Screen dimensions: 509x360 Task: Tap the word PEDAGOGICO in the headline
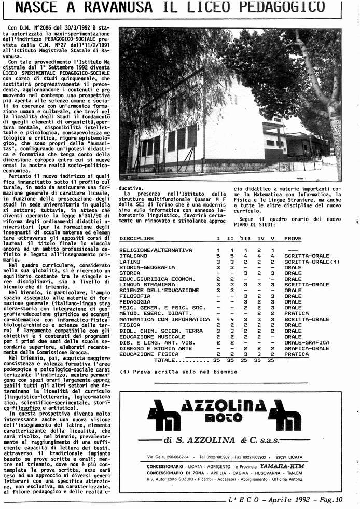[x=283, y=7]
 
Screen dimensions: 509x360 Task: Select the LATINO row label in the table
[x=130, y=262]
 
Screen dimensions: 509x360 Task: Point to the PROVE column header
[x=293, y=239]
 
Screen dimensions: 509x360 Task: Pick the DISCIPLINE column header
[x=136, y=239]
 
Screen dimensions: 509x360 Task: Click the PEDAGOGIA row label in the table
[x=134, y=302]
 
